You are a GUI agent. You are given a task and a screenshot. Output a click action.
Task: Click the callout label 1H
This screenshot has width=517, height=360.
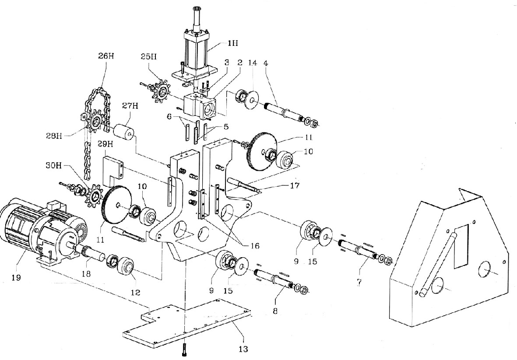point(233,43)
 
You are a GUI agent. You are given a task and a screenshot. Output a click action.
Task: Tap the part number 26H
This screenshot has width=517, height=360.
point(106,56)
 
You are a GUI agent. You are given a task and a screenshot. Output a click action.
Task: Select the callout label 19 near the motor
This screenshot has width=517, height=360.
point(16,278)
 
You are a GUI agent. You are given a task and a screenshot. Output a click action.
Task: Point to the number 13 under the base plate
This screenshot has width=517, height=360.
point(243,349)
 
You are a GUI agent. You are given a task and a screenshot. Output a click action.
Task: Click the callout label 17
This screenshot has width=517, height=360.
point(295,185)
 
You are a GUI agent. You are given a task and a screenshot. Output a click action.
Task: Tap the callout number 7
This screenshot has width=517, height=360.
point(359,282)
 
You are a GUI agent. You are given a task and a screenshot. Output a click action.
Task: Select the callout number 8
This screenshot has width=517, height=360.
point(275,310)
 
